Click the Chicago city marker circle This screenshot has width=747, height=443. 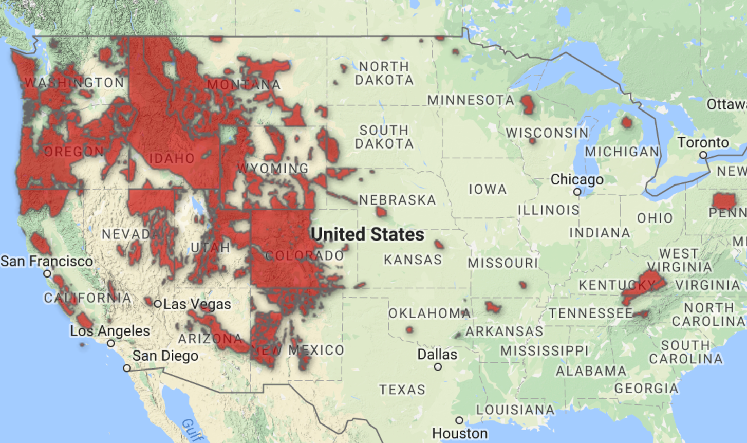[x=577, y=192]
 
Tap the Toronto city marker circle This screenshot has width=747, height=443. [x=703, y=155]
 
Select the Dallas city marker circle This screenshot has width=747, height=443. [x=438, y=367]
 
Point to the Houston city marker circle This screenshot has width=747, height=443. [x=459, y=420]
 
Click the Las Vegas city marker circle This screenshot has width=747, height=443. [x=158, y=304]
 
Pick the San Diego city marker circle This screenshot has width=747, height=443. [x=127, y=368]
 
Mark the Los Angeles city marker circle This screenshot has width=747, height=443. [x=111, y=343]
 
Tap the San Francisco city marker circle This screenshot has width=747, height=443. [x=47, y=274]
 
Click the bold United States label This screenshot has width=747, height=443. [x=367, y=234]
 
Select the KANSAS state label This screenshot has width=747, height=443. [x=413, y=260]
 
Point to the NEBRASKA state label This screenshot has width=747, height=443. [x=397, y=200]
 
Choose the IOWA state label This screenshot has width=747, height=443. [x=488, y=189]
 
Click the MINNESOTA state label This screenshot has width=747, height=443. [x=471, y=100]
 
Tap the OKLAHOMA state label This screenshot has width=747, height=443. [x=429, y=313]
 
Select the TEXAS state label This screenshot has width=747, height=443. [x=402, y=390]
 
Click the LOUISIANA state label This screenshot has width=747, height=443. [x=515, y=410]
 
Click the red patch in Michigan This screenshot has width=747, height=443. [x=626, y=122]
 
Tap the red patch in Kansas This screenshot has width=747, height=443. [x=439, y=244]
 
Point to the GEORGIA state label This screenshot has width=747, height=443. [x=646, y=388]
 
